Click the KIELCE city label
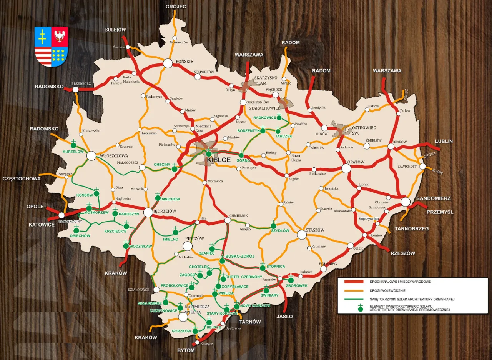click(218, 160)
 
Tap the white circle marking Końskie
click(168, 63)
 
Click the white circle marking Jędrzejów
click(148, 212)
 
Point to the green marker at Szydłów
click(273, 226)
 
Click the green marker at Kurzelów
click(73, 145)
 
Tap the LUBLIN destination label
click(444, 141)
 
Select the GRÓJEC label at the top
click(176, 7)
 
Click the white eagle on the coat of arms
click(60, 37)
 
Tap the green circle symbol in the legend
click(361, 308)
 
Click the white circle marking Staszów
click(302, 235)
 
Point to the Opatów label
click(355, 162)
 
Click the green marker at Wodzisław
click(126, 246)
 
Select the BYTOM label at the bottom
click(186, 350)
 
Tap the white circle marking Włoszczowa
click(91, 156)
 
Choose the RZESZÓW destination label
click(402, 253)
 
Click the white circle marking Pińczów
click(187, 246)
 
